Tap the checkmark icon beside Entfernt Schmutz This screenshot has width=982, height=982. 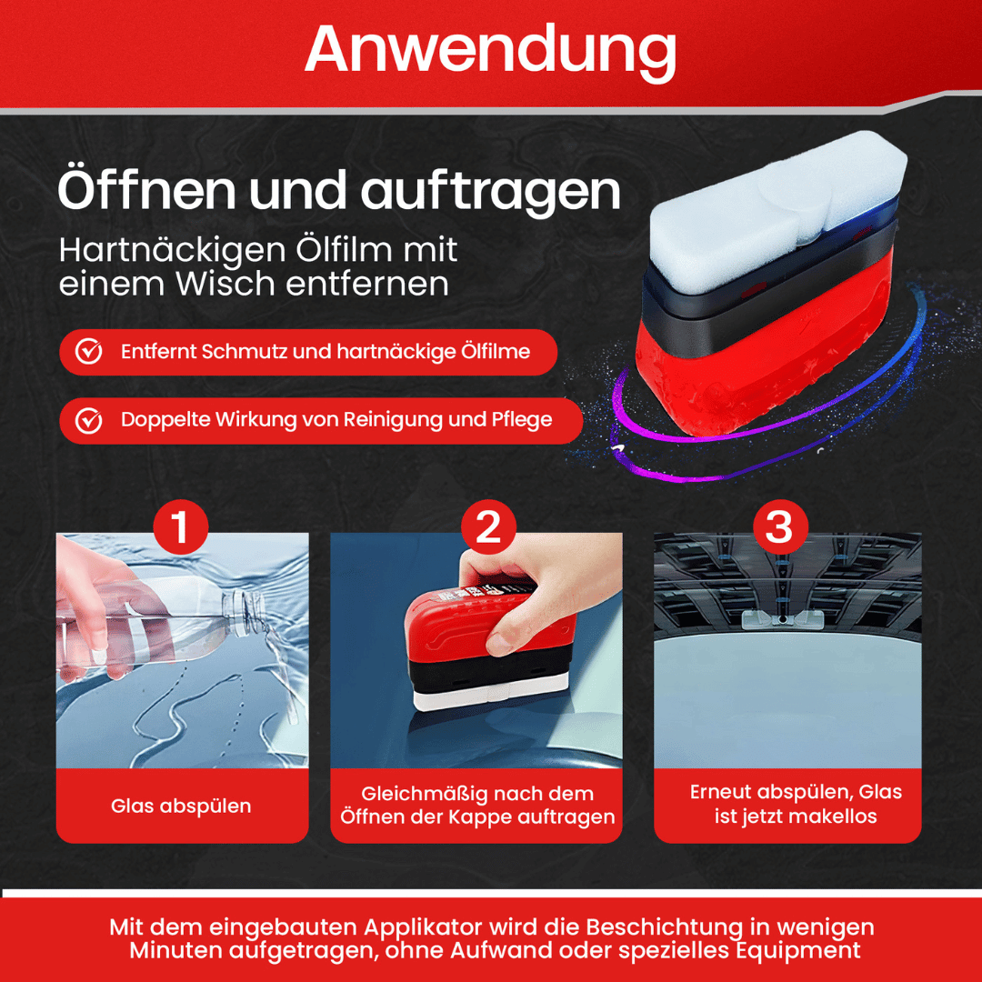89,351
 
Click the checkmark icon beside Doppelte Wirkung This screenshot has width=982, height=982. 89,420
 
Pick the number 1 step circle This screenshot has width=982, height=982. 180,526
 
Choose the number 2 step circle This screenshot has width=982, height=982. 488,526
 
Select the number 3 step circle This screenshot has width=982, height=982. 780,526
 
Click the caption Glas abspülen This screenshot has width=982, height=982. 181,806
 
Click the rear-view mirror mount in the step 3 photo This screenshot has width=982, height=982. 781,620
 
